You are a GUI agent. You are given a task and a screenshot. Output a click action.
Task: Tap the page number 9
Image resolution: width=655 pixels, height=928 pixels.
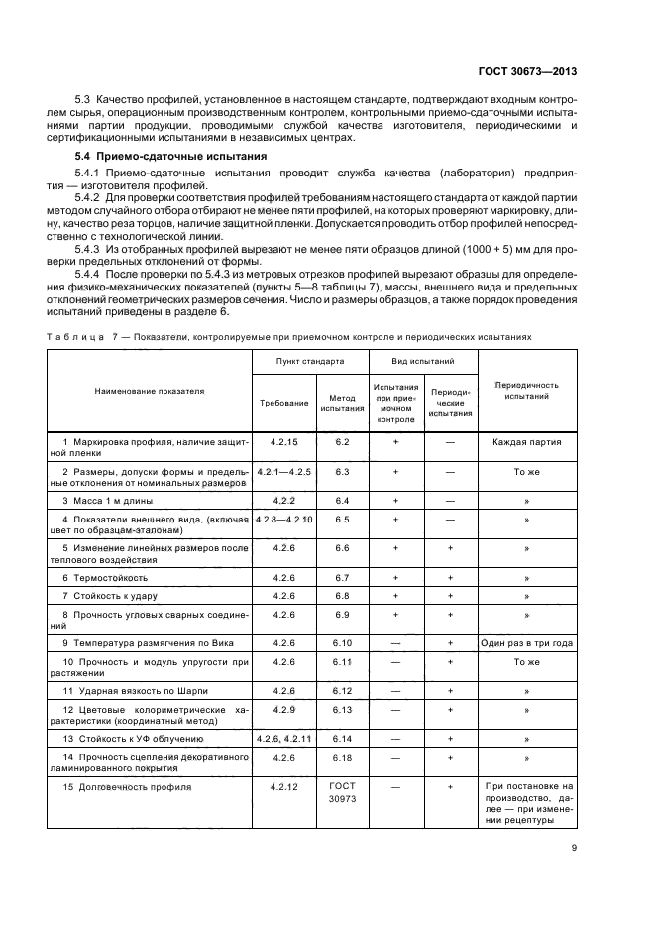click(x=601, y=847)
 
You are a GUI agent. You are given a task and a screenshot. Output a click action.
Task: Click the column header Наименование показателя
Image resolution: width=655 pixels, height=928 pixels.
click(x=150, y=391)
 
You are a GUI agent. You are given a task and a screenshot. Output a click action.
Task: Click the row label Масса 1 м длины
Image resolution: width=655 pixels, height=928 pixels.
click(x=107, y=501)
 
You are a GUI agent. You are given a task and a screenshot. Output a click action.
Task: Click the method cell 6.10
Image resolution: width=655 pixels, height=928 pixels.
click(x=343, y=642)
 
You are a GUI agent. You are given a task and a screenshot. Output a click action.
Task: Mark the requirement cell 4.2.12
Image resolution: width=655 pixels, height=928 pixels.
click(x=284, y=786)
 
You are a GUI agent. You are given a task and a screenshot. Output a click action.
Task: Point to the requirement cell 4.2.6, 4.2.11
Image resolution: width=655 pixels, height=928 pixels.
click(x=284, y=738)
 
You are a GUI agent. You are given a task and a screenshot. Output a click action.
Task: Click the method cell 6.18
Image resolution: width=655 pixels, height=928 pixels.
click(x=343, y=756)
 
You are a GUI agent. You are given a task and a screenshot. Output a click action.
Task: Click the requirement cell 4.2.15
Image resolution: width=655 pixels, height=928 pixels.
click(x=284, y=441)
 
